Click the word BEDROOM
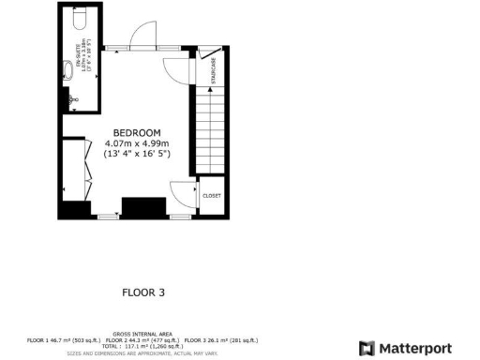coord(137,132)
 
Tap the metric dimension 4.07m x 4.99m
coord(137,143)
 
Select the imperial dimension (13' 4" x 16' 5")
coord(137,155)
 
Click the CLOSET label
coord(211,196)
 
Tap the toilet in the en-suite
coord(75,19)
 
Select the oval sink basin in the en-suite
coord(68,67)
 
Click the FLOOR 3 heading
coord(143,292)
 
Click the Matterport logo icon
coord(367,346)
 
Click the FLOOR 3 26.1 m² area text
coord(220,339)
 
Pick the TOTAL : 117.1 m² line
coord(142,346)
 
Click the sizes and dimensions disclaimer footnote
coord(142,353)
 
